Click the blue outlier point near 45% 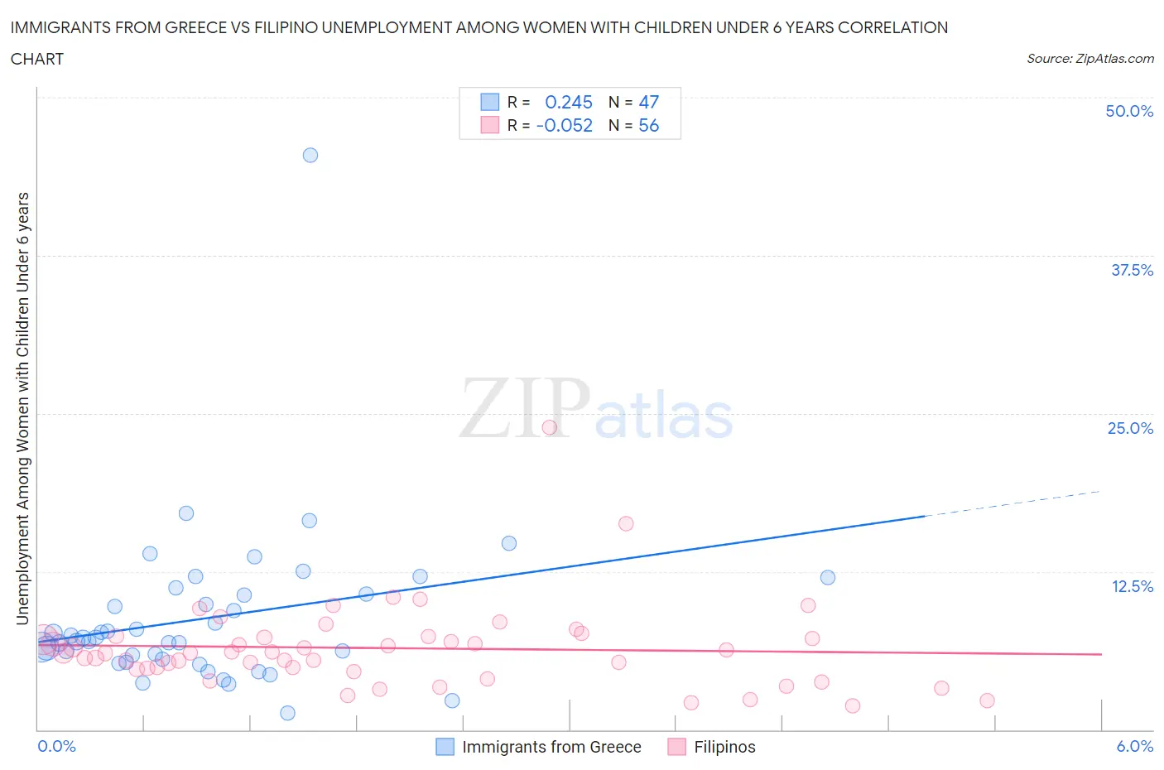pos(310,155)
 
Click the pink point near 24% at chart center pos(549,428)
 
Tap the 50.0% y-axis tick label pos(1129,111)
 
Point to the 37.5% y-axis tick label pos(1132,270)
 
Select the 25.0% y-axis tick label pos(1130,428)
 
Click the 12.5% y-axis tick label pos(1132,586)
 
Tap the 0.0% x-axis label pos(56,746)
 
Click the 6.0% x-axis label pos(1134,746)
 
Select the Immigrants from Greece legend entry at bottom pos(551,747)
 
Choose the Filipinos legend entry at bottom pos(724,747)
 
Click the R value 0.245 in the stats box pos(569,102)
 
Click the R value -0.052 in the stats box pos(565,125)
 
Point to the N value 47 pos(648,102)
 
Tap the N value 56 pos(648,125)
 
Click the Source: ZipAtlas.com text pos(1089,58)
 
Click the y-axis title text pos(22,408)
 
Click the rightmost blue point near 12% pos(828,577)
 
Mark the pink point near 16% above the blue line pos(626,523)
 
